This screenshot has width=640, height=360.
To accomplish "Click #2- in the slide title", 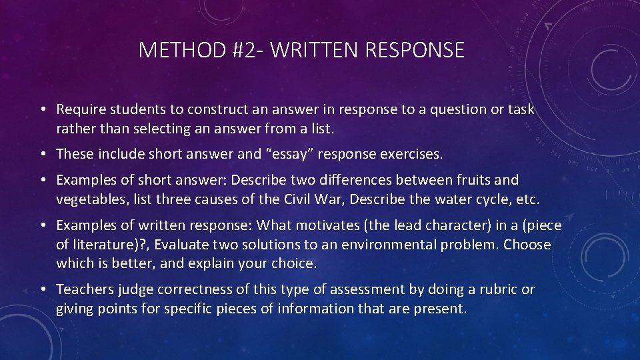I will pos(245,50).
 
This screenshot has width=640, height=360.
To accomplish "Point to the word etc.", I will pos(527,199).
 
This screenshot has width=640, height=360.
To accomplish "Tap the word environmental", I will pos(388,245).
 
